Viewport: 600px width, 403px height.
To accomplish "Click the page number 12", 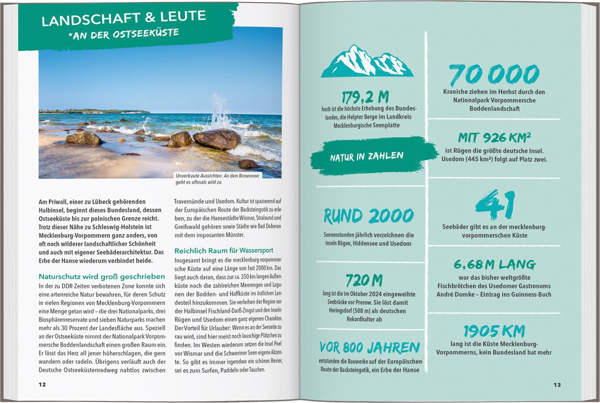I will (42, 385).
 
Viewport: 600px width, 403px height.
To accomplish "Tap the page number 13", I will (557, 385).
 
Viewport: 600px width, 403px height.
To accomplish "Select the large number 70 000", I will (494, 75).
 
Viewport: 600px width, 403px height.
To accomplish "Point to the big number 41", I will (495, 205).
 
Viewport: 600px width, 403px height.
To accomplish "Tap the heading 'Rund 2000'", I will (368, 216).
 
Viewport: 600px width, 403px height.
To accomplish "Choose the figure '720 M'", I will (364, 280).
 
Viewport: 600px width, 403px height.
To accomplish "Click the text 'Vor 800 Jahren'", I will (370, 347).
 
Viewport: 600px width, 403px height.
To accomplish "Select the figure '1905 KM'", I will (494, 331).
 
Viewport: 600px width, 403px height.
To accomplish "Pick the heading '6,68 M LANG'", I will (494, 264).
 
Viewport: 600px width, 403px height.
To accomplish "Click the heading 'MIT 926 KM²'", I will (494, 138).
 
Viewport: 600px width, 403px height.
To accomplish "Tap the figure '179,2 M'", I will (365, 97).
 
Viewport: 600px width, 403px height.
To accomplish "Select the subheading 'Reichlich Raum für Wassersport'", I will (224, 251).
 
